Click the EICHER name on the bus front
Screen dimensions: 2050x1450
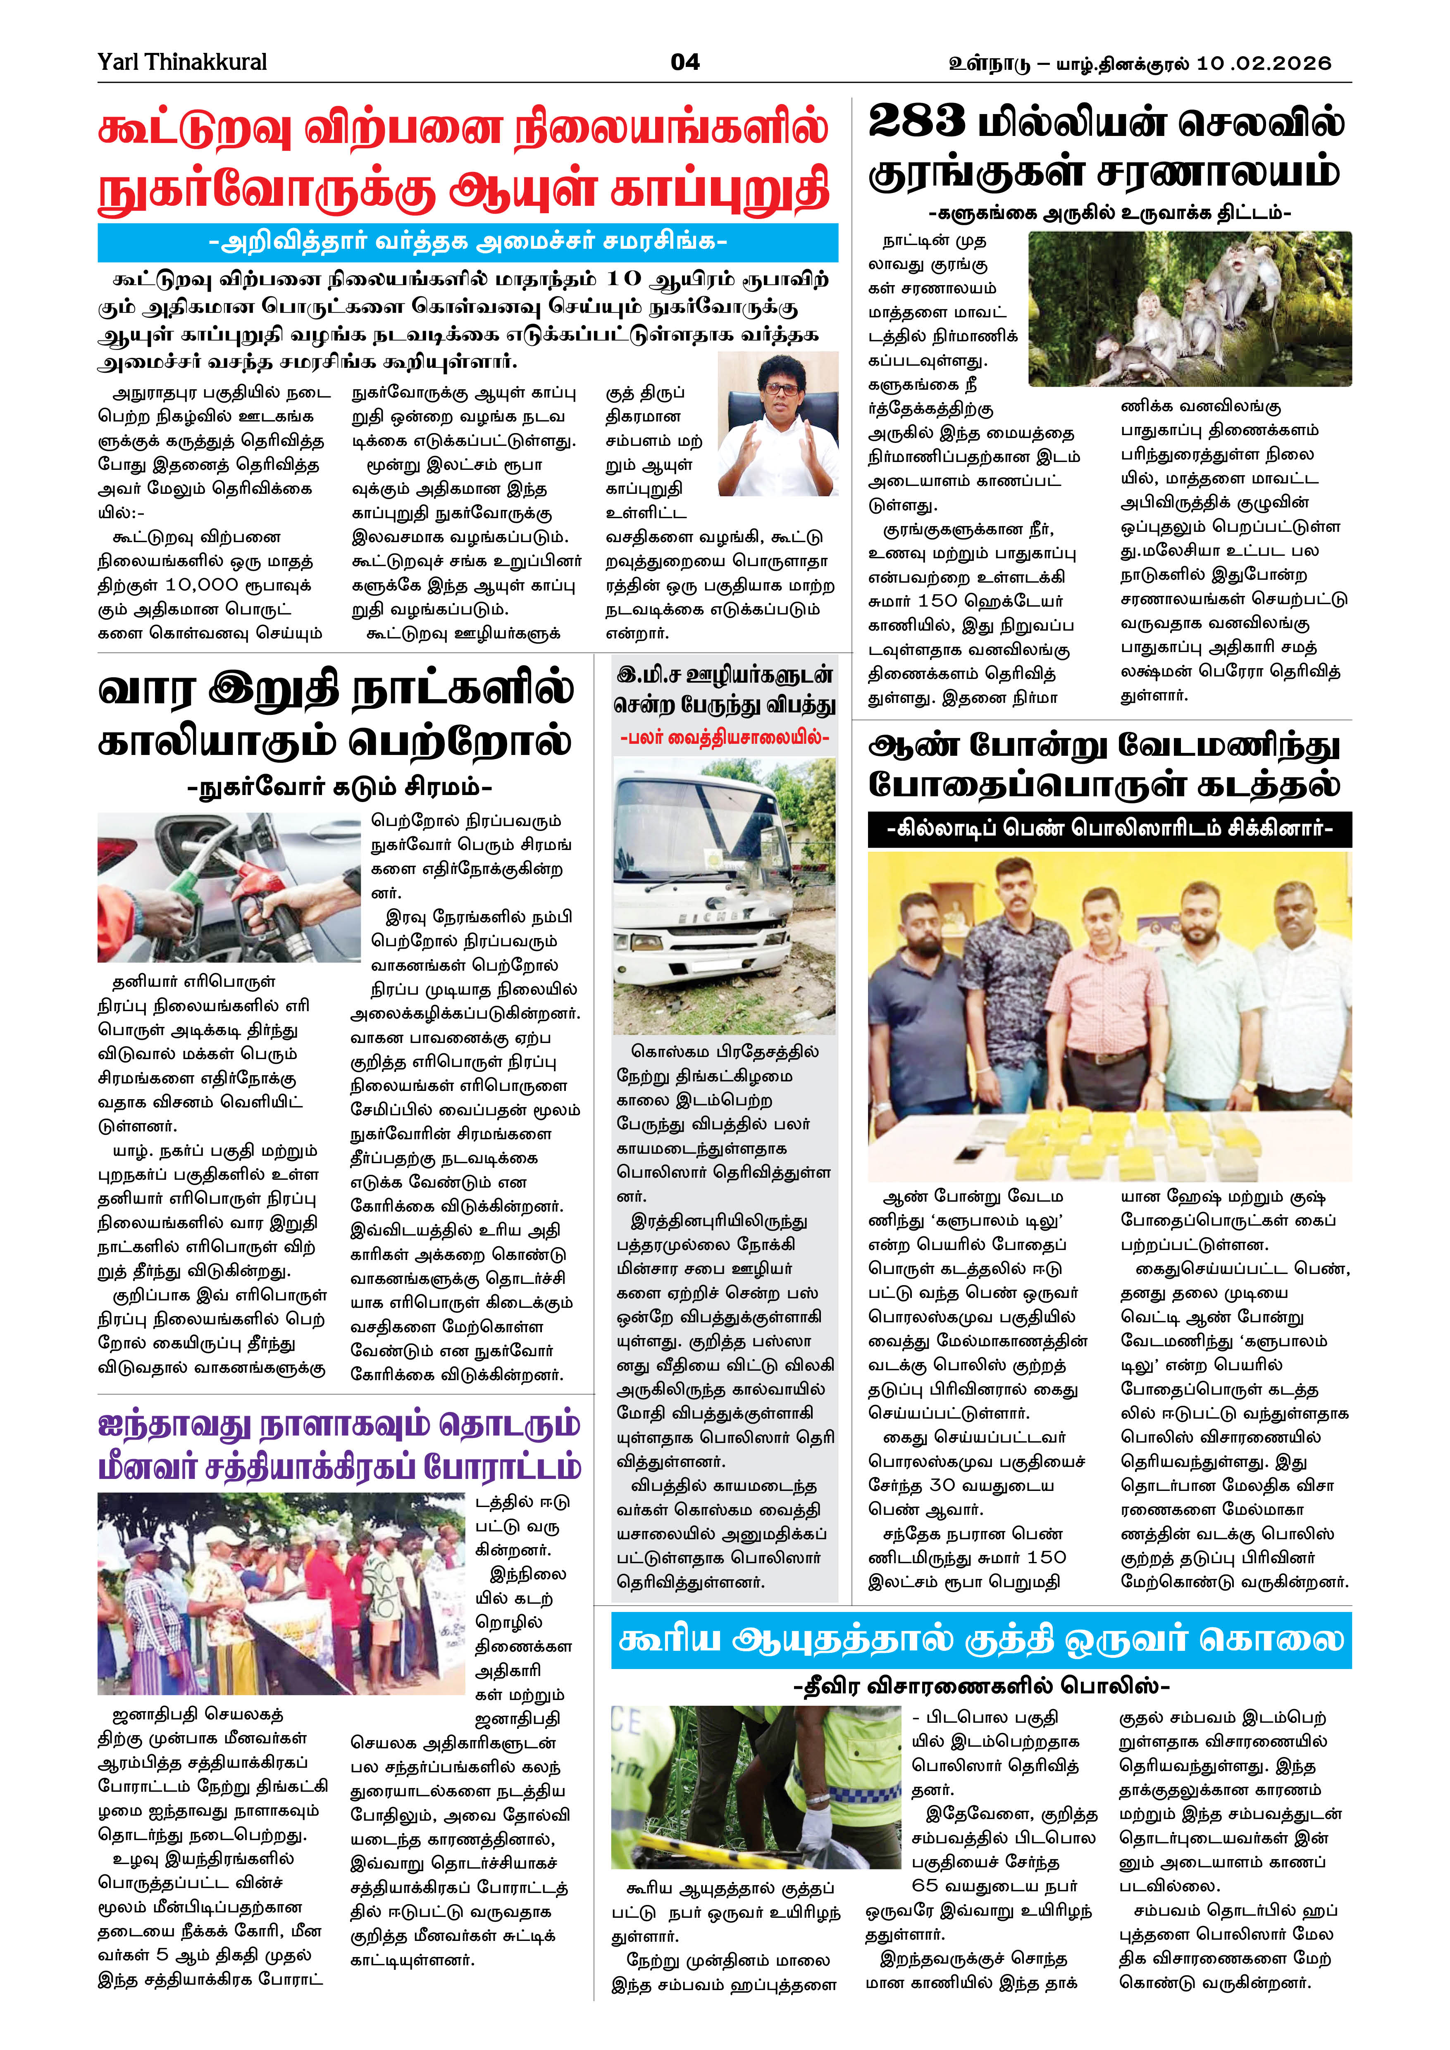714,917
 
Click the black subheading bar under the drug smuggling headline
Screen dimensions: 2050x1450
1109,829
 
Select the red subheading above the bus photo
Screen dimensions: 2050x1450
724,738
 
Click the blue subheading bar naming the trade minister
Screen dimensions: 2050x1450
468,242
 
